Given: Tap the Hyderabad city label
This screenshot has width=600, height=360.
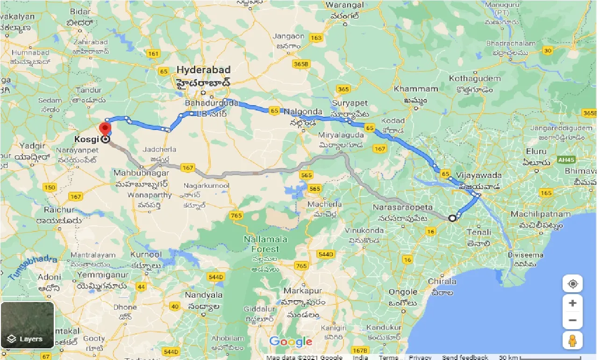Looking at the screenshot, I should pyautogui.click(x=203, y=70).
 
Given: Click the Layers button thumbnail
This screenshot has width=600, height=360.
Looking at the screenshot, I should pyautogui.click(x=28, y=325).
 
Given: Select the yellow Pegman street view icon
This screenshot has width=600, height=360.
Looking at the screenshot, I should pyautogui.click(x=572, y=341).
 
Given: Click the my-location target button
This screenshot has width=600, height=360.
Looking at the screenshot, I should pyautogui.click(x=572, y=284).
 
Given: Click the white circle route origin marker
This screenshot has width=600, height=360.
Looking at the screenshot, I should pyautogui.click(x=452, y=218).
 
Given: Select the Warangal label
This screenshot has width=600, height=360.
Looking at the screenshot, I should pyautogui.click(x=345, y=5).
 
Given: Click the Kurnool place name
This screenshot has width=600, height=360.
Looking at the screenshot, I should pyautogui.click(x=146, y=255).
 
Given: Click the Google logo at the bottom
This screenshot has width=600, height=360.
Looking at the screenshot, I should pyautogui.click(x=290, y=342).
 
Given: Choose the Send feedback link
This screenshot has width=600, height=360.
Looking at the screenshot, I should pyautogui.click(x=465, y=357).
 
